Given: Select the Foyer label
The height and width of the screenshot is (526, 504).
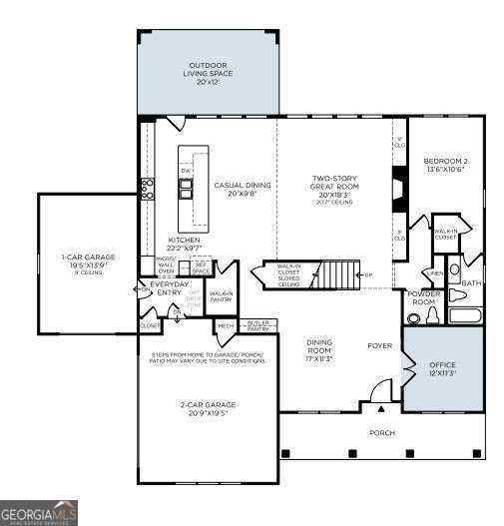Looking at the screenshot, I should click(x=379, y=346).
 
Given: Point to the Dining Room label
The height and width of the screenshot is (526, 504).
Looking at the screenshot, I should click(x=319, y=346).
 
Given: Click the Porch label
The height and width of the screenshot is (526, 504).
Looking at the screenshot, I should click(x=382, y=433).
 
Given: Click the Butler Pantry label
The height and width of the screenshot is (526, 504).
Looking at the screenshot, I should click(x=258, y=325).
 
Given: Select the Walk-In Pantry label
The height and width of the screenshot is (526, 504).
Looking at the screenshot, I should click(x=221, y=296).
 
